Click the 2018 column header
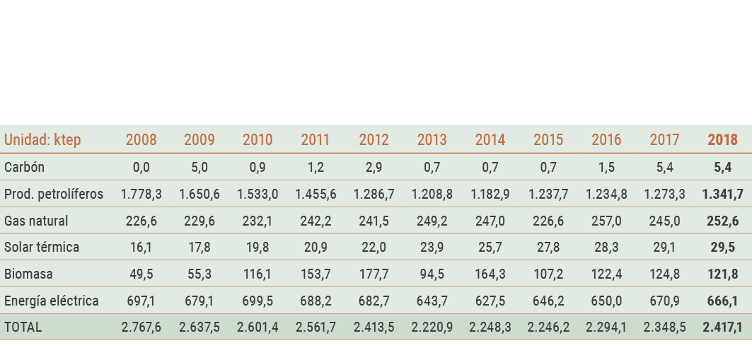pos(722,140)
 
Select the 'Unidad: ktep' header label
pos(42,140)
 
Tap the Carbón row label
pos(24,168)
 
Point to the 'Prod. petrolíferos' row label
pos(54,194)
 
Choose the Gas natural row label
pos(36,221)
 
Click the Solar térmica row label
pos(42,248)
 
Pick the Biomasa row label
pos(28,274)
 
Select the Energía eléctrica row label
pos(52,301)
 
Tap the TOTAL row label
pos(23,327)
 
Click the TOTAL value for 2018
pos(722,327)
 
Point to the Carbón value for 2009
pos(199,168)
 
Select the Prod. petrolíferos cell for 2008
pos(141,194)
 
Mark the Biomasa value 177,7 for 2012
pos(374,274)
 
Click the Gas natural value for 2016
pos(606,221)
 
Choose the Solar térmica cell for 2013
pos(432,248)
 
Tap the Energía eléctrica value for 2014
pos(490,301)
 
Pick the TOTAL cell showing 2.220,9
pos(432,327)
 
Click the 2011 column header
pos(316,140)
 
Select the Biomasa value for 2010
pos(258,274)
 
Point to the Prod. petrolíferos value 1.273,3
pos(664,194)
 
